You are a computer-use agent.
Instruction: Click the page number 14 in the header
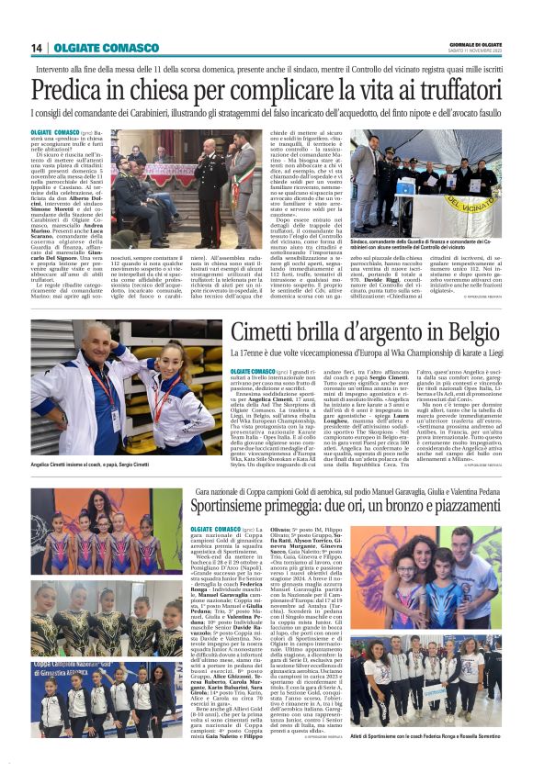click(x=36, y=48)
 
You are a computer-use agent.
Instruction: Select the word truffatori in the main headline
click(x=451, y=91)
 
